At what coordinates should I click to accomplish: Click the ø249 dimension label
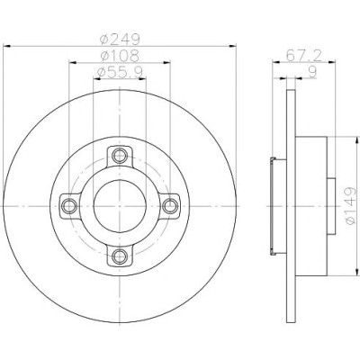120,39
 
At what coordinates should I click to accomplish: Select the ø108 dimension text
120,55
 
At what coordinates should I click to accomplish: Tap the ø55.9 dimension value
120,72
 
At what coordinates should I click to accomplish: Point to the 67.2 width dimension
303,55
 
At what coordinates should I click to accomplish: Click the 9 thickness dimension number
312,72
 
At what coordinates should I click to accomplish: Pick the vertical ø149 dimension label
350,206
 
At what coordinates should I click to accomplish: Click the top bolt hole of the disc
120,156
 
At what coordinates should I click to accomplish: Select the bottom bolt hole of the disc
120,256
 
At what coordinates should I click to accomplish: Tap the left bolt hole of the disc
69,206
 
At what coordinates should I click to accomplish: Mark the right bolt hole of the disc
170,206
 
